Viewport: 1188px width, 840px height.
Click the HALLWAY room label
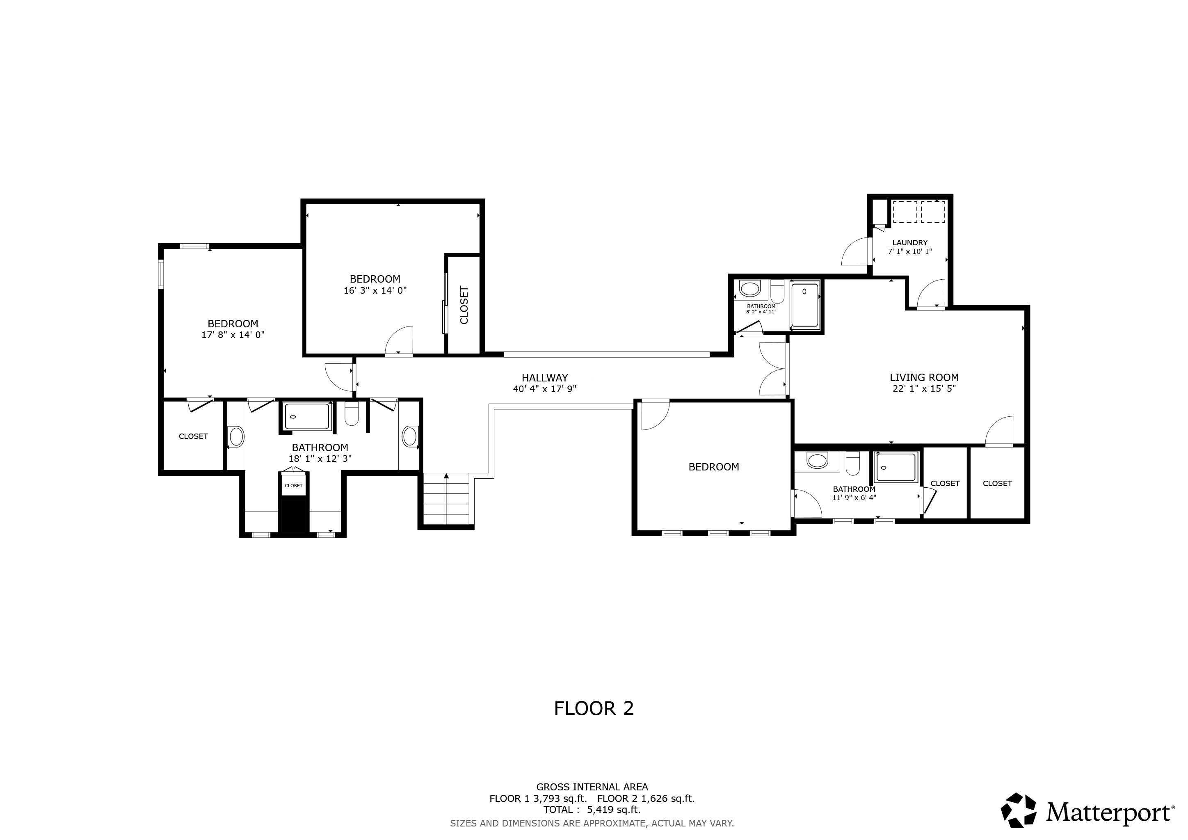tap(544, 378)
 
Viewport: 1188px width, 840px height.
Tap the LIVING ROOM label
tap(924, 378)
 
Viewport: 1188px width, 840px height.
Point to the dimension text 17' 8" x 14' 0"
tap(233, 335)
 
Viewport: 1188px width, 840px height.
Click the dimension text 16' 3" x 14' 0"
tap(375, 291)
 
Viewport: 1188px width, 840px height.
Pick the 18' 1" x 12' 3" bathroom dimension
tap(320, 458)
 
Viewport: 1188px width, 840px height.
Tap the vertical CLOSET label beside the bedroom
tap(464, 305)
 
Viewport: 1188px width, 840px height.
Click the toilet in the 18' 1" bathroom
tap(352, 414)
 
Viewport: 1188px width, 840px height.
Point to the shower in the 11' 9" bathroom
tap(896, 467)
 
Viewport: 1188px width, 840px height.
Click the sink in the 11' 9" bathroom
tap(817, 460)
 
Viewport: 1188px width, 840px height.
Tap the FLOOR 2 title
tap(594, 709)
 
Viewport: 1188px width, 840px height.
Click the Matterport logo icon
tap(1018, 810)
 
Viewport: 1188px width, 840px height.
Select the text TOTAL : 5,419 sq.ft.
tap(592, 810)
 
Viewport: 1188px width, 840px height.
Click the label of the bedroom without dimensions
tap(713, 467)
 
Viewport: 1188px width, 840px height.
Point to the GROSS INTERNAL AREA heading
tap(592, 787)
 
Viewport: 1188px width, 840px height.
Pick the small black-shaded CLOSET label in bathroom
tap(293, 486)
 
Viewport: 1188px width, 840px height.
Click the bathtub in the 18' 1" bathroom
tap(307, 416)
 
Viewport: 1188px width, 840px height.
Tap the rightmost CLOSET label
tap(997, 484)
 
